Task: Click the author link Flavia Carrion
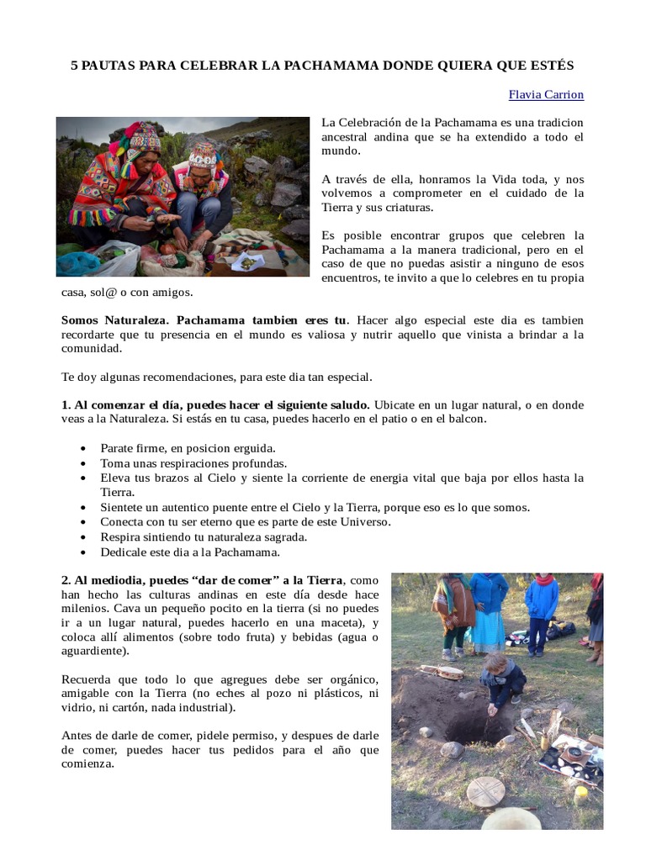[x=546, y=94]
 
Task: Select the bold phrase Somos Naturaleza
[x=115, y=320]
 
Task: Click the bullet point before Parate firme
[x=82, y=448]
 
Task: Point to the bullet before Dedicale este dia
[x=82, y=552]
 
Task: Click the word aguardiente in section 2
[x=93, y=651]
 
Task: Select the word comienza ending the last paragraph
[x=87, y=764]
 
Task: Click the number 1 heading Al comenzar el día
[x=66, y=404]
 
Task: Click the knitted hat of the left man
[x=144, y=137]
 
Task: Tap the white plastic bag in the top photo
[x=117, y=260]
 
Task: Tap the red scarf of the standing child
[x=544, y=579]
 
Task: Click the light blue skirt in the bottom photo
[x=489, y=627]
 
